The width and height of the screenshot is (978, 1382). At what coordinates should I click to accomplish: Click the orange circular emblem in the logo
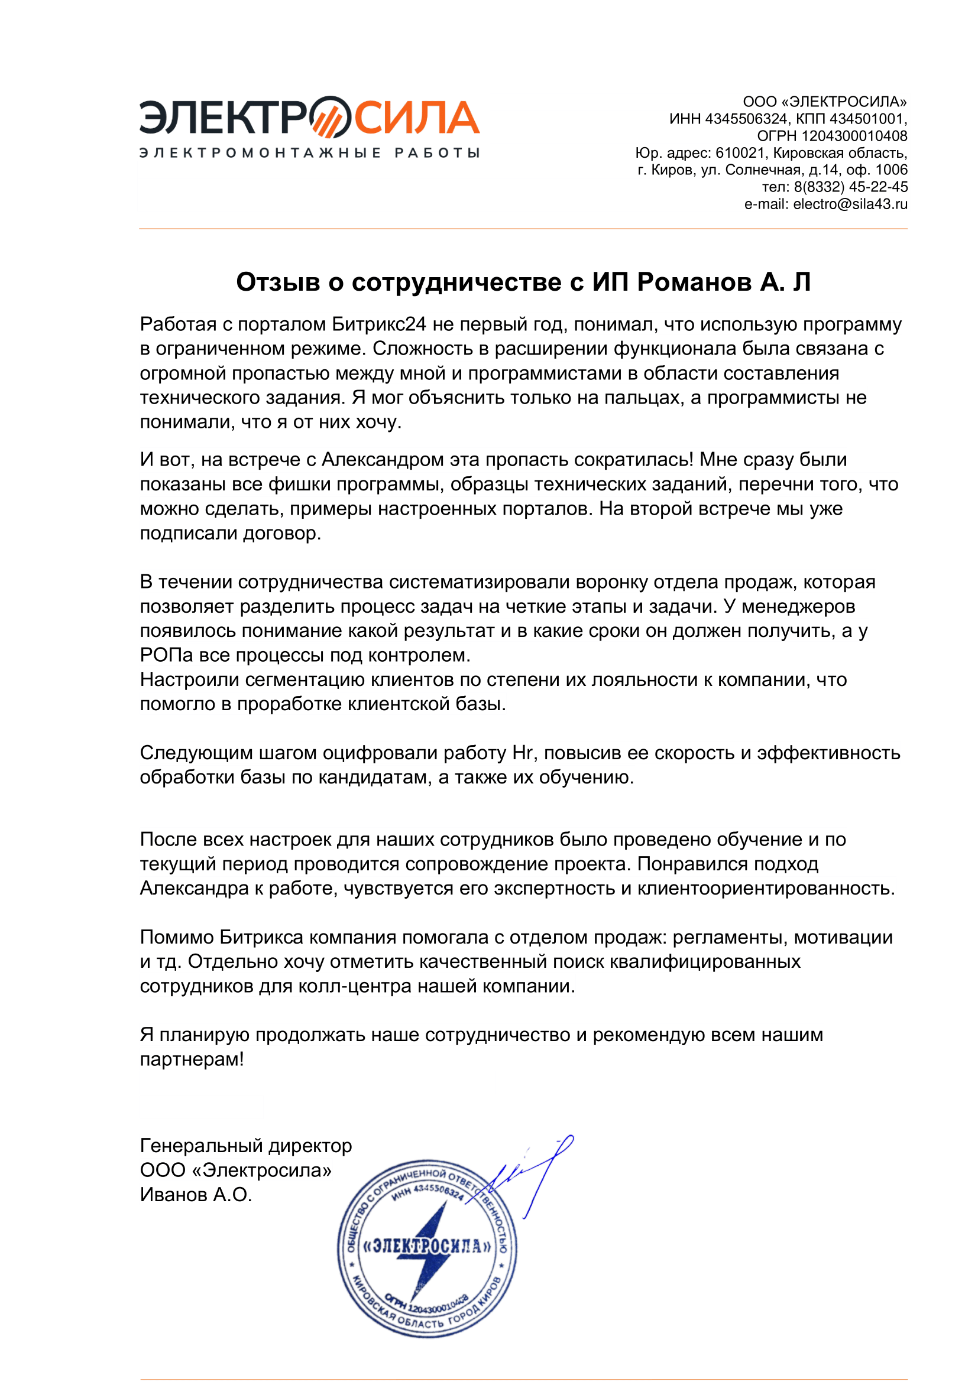point(329,117)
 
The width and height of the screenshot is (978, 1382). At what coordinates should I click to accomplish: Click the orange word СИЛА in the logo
point(417,118)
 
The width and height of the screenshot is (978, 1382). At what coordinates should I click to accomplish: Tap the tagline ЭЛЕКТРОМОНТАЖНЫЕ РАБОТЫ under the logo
point(309,153)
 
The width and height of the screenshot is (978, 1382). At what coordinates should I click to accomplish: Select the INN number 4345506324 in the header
point(746,119)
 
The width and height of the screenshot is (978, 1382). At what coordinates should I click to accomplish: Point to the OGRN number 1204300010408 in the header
point(854,136)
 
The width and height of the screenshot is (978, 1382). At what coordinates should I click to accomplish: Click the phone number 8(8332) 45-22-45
point(850,187)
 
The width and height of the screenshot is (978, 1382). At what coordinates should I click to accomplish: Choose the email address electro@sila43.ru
point(850,204)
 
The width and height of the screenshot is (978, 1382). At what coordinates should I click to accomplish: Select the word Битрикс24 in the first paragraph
point(379,324)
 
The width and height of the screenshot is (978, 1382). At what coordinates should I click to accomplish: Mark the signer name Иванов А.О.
point(196,1195)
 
